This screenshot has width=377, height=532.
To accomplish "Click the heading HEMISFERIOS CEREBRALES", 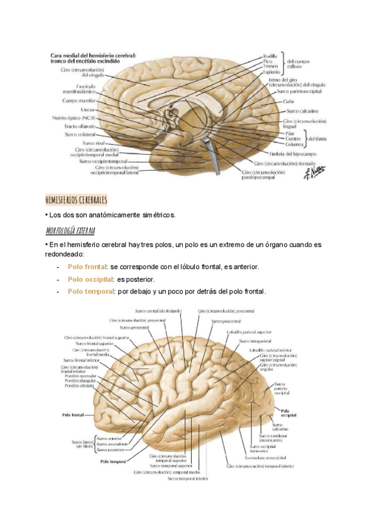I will [77, 199].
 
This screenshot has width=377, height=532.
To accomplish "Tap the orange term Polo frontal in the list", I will [87, 267].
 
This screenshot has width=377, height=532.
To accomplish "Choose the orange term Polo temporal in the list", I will [90, 291].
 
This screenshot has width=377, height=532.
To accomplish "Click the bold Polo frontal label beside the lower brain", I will [74, 415].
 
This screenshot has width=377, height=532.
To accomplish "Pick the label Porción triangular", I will [81, 381].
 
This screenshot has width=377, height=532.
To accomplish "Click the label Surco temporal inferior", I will [187, 479].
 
